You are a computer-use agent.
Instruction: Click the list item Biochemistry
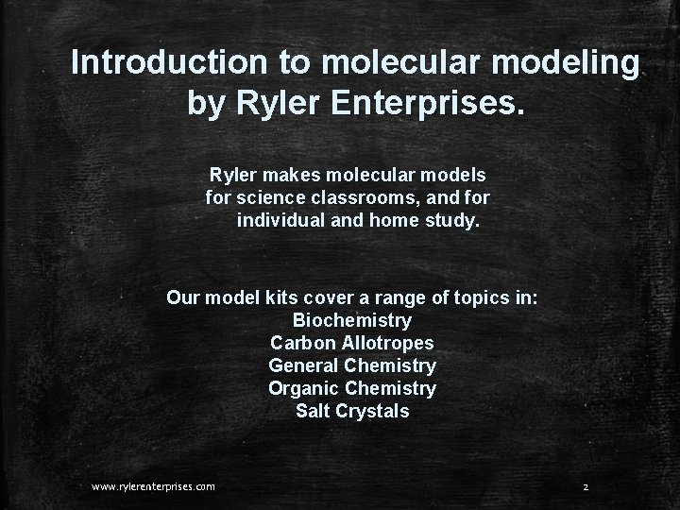pyautogui.click(x=352, y=320)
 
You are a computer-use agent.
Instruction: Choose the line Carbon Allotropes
pyautogui.click(x=352, y=343)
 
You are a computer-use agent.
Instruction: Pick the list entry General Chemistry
pyautogui.click(x=352, y=365)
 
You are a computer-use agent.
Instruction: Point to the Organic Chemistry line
pyautogui.click(x=352, y=388)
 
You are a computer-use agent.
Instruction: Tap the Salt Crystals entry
pyautogui.click(x=352, y=411)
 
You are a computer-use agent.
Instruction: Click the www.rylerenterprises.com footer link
pyautogui.click(x=153, y=486)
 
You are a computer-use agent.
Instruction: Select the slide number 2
pyautogui.click(x=586, y=486)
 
